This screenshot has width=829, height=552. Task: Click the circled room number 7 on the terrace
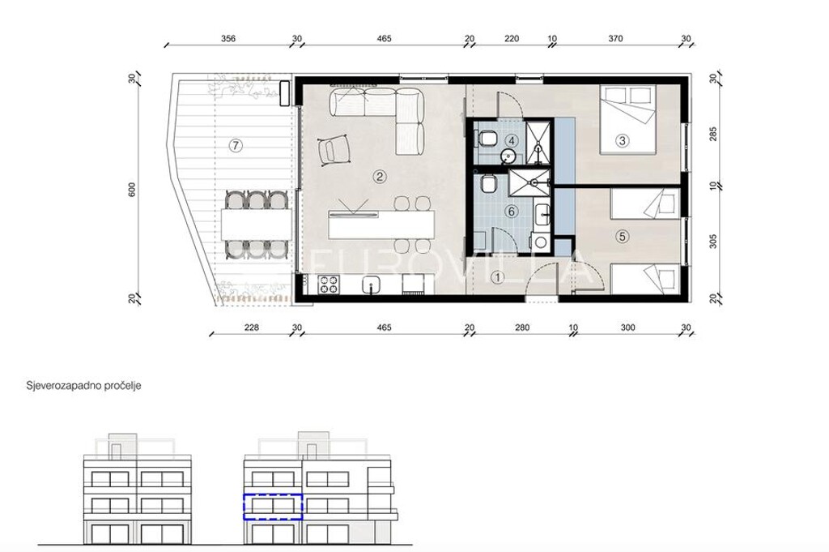(236, 145)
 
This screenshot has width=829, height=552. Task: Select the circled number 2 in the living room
(379, 176)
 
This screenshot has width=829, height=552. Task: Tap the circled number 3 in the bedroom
(623, 141)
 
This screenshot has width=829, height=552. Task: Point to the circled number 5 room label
(623, 236)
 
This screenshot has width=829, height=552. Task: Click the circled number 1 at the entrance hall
(498, 276)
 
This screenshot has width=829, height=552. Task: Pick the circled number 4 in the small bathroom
(511, 141)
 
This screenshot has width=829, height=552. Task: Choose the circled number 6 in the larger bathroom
(511, 212)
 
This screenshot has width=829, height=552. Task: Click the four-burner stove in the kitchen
(328, 285)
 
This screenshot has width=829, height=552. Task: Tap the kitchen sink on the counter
(372, 285)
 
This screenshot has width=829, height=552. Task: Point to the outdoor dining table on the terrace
(257, 225)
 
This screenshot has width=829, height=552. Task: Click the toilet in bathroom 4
(487, 139)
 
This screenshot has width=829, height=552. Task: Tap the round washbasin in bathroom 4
(508, 156)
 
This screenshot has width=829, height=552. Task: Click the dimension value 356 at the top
(228, 39)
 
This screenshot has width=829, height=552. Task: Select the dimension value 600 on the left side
(132, 190)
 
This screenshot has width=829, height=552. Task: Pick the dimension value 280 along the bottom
(522, 327)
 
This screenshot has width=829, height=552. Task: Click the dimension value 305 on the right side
(713, 242)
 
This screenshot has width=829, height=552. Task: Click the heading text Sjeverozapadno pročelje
(83, 386)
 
